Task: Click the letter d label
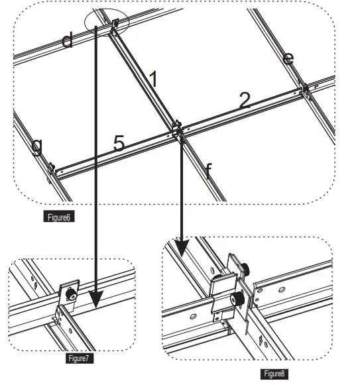[68, 40]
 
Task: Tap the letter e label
[288, 59]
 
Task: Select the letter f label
[208, 171]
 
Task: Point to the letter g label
[37, 147]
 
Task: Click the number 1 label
[153, 79]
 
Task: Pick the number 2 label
[245, 100]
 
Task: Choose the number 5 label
[119, 142]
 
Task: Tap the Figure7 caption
[80, 358]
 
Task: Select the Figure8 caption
[274, 374]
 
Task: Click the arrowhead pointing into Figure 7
[95, 299]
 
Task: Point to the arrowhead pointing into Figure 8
[182, 248]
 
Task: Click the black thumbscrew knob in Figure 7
[72, 294]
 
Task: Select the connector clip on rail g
[51, 169]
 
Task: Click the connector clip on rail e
[305, 89]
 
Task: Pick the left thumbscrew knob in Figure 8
[237, 299]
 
